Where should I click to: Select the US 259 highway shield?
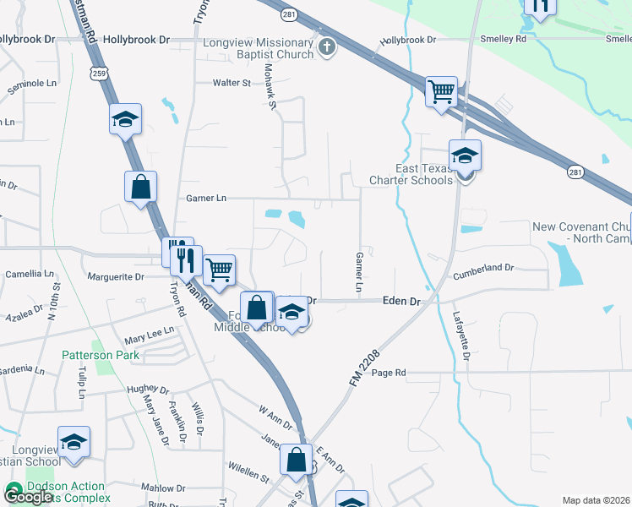(101, 74)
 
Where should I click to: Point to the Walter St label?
(232, 83)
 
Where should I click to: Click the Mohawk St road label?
(270, 88)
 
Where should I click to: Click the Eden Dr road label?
(401, 301)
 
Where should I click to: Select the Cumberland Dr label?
(483, 267)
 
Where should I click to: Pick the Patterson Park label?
(101, 356)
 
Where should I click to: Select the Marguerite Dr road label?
(117, 276)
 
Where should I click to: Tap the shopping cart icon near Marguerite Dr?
(219, 271)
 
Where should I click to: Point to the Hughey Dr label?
(147, 391)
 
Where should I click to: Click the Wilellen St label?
(248, 466)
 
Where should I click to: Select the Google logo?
(27, 497)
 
